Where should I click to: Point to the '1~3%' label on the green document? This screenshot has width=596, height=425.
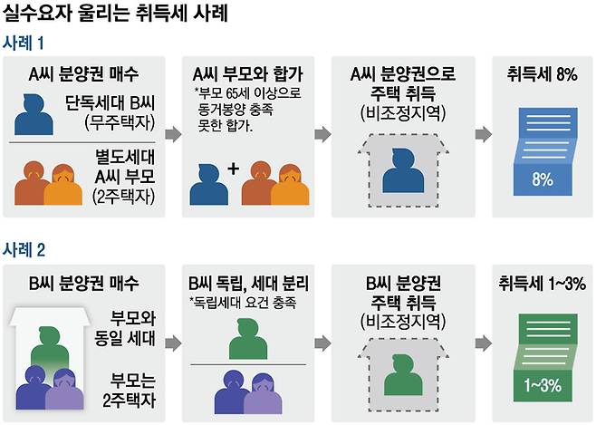(543, 385)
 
